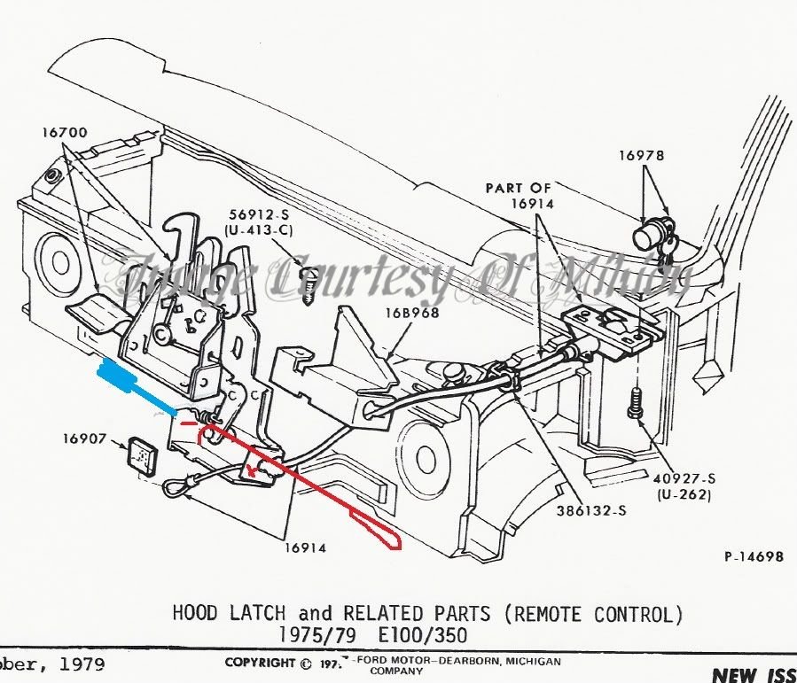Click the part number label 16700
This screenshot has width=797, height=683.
click(x=64, y=133)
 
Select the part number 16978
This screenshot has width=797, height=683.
click(x=642, y=156)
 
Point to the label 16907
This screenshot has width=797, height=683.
click(x=85, y=438)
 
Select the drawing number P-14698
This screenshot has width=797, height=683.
click(x=754, y=557)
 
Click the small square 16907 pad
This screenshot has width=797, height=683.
click(x=138, y=454)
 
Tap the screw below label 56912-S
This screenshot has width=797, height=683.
click(x=309, y=284)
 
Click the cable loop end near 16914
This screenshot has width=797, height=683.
click(x=177, y=485)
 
